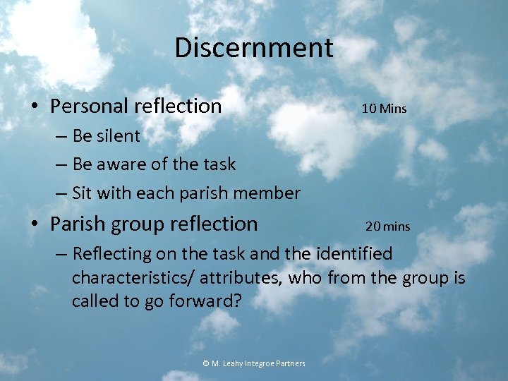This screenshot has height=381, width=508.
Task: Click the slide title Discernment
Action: [253, 48]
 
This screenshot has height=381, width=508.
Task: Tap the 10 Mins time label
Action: [384, 109]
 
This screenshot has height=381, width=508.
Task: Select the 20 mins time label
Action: [387, 226]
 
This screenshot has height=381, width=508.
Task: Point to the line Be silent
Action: [106, 135]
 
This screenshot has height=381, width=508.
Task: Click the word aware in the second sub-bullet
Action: [126, 164]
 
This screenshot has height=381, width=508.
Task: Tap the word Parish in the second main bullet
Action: [75, 224]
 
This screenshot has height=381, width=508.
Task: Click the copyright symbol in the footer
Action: [206, 363]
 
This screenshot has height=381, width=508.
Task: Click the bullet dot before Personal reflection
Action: [35, 107]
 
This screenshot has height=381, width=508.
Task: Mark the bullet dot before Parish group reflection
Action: [35, 225]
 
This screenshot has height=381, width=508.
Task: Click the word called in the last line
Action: [92, 301]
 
